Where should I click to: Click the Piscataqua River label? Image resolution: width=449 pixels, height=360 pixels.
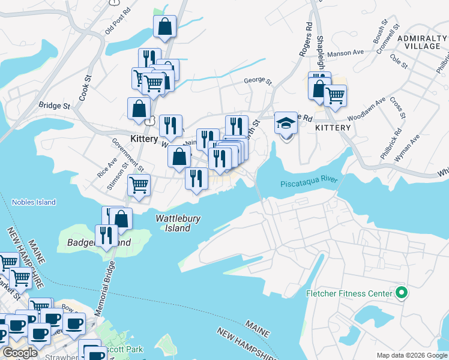click(309, 183)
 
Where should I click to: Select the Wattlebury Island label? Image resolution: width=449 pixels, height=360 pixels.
click(178, 223)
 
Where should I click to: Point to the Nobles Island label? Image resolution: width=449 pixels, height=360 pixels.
click(34, 202)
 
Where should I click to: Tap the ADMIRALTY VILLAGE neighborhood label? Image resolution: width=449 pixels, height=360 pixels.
click(421, 43)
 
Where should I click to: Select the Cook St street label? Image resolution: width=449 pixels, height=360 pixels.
click(84, 87)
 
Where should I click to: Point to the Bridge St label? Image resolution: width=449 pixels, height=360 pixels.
click(55, 106)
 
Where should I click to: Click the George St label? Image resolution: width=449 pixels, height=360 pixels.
click(258, 81)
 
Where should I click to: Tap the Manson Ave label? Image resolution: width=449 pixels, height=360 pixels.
click(350, 53)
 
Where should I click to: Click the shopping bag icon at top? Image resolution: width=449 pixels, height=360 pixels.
click(164, 26)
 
